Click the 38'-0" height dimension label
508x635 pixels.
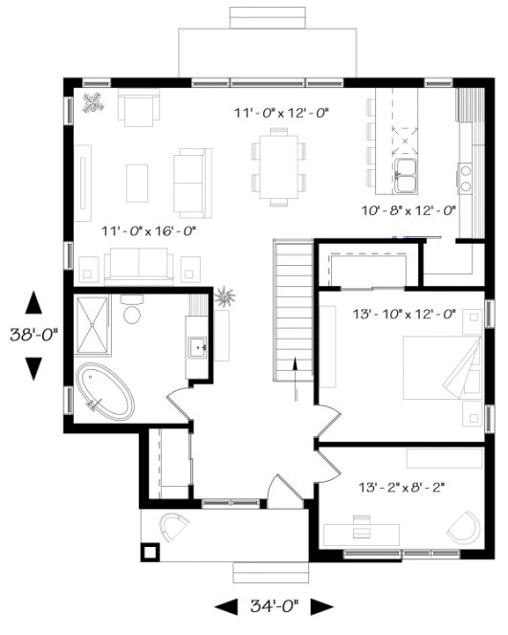pos(33,335)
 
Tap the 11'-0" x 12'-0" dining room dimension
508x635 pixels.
pos(281,113)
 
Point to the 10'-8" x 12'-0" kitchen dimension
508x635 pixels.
pos(409,209)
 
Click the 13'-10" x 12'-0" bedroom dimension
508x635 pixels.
pos(403,314)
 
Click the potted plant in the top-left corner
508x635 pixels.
pos(93,103)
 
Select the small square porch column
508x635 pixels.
pos(149,552)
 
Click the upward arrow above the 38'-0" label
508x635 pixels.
pos(33,302)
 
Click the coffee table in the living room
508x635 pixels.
pos(139,183)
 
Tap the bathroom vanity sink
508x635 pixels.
pos(198,347)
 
